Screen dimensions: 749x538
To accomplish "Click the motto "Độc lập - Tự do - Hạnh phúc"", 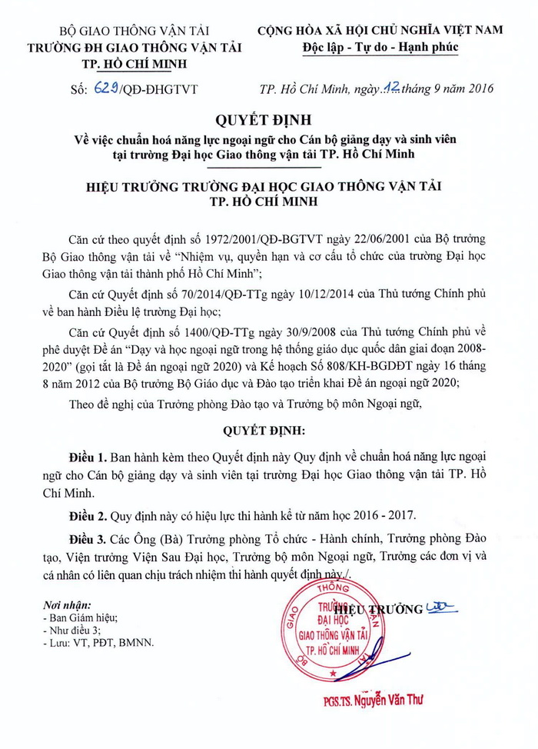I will [380, 48].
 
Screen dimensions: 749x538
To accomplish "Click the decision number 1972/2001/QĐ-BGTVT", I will [274, 238].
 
